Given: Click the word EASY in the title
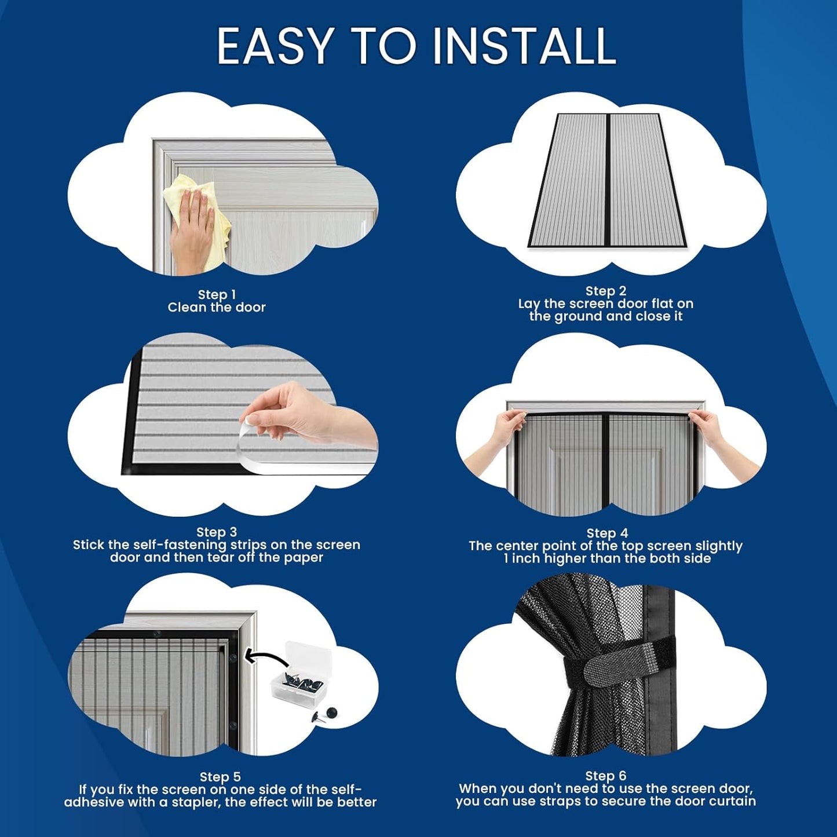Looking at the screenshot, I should [275, 46].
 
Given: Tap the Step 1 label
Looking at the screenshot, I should [217, 295].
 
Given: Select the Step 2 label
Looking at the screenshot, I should [606, 291].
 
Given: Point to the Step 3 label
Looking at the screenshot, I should [217, 532].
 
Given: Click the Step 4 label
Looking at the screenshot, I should [607, 533].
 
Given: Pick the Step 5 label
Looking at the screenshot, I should [220, 777].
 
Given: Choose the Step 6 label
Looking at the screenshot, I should [606, 776].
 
